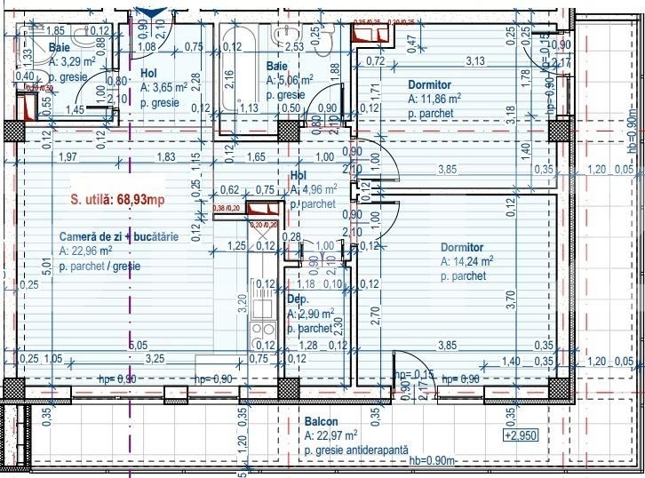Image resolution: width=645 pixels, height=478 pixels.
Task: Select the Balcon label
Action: coord(320,422)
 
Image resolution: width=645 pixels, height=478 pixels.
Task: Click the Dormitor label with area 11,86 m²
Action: coord(428,85)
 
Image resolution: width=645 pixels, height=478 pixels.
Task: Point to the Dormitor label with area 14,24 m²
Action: coord(462,247)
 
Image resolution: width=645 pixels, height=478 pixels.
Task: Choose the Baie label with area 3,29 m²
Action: coord(60,48)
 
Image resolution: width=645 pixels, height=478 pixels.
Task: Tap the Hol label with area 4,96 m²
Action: coord(299,176)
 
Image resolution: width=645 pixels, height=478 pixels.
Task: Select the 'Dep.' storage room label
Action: coord(297,300)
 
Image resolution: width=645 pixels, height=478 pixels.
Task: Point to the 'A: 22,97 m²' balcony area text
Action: coord(330,436)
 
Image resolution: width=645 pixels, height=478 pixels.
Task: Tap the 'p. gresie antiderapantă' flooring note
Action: coord(355,451)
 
